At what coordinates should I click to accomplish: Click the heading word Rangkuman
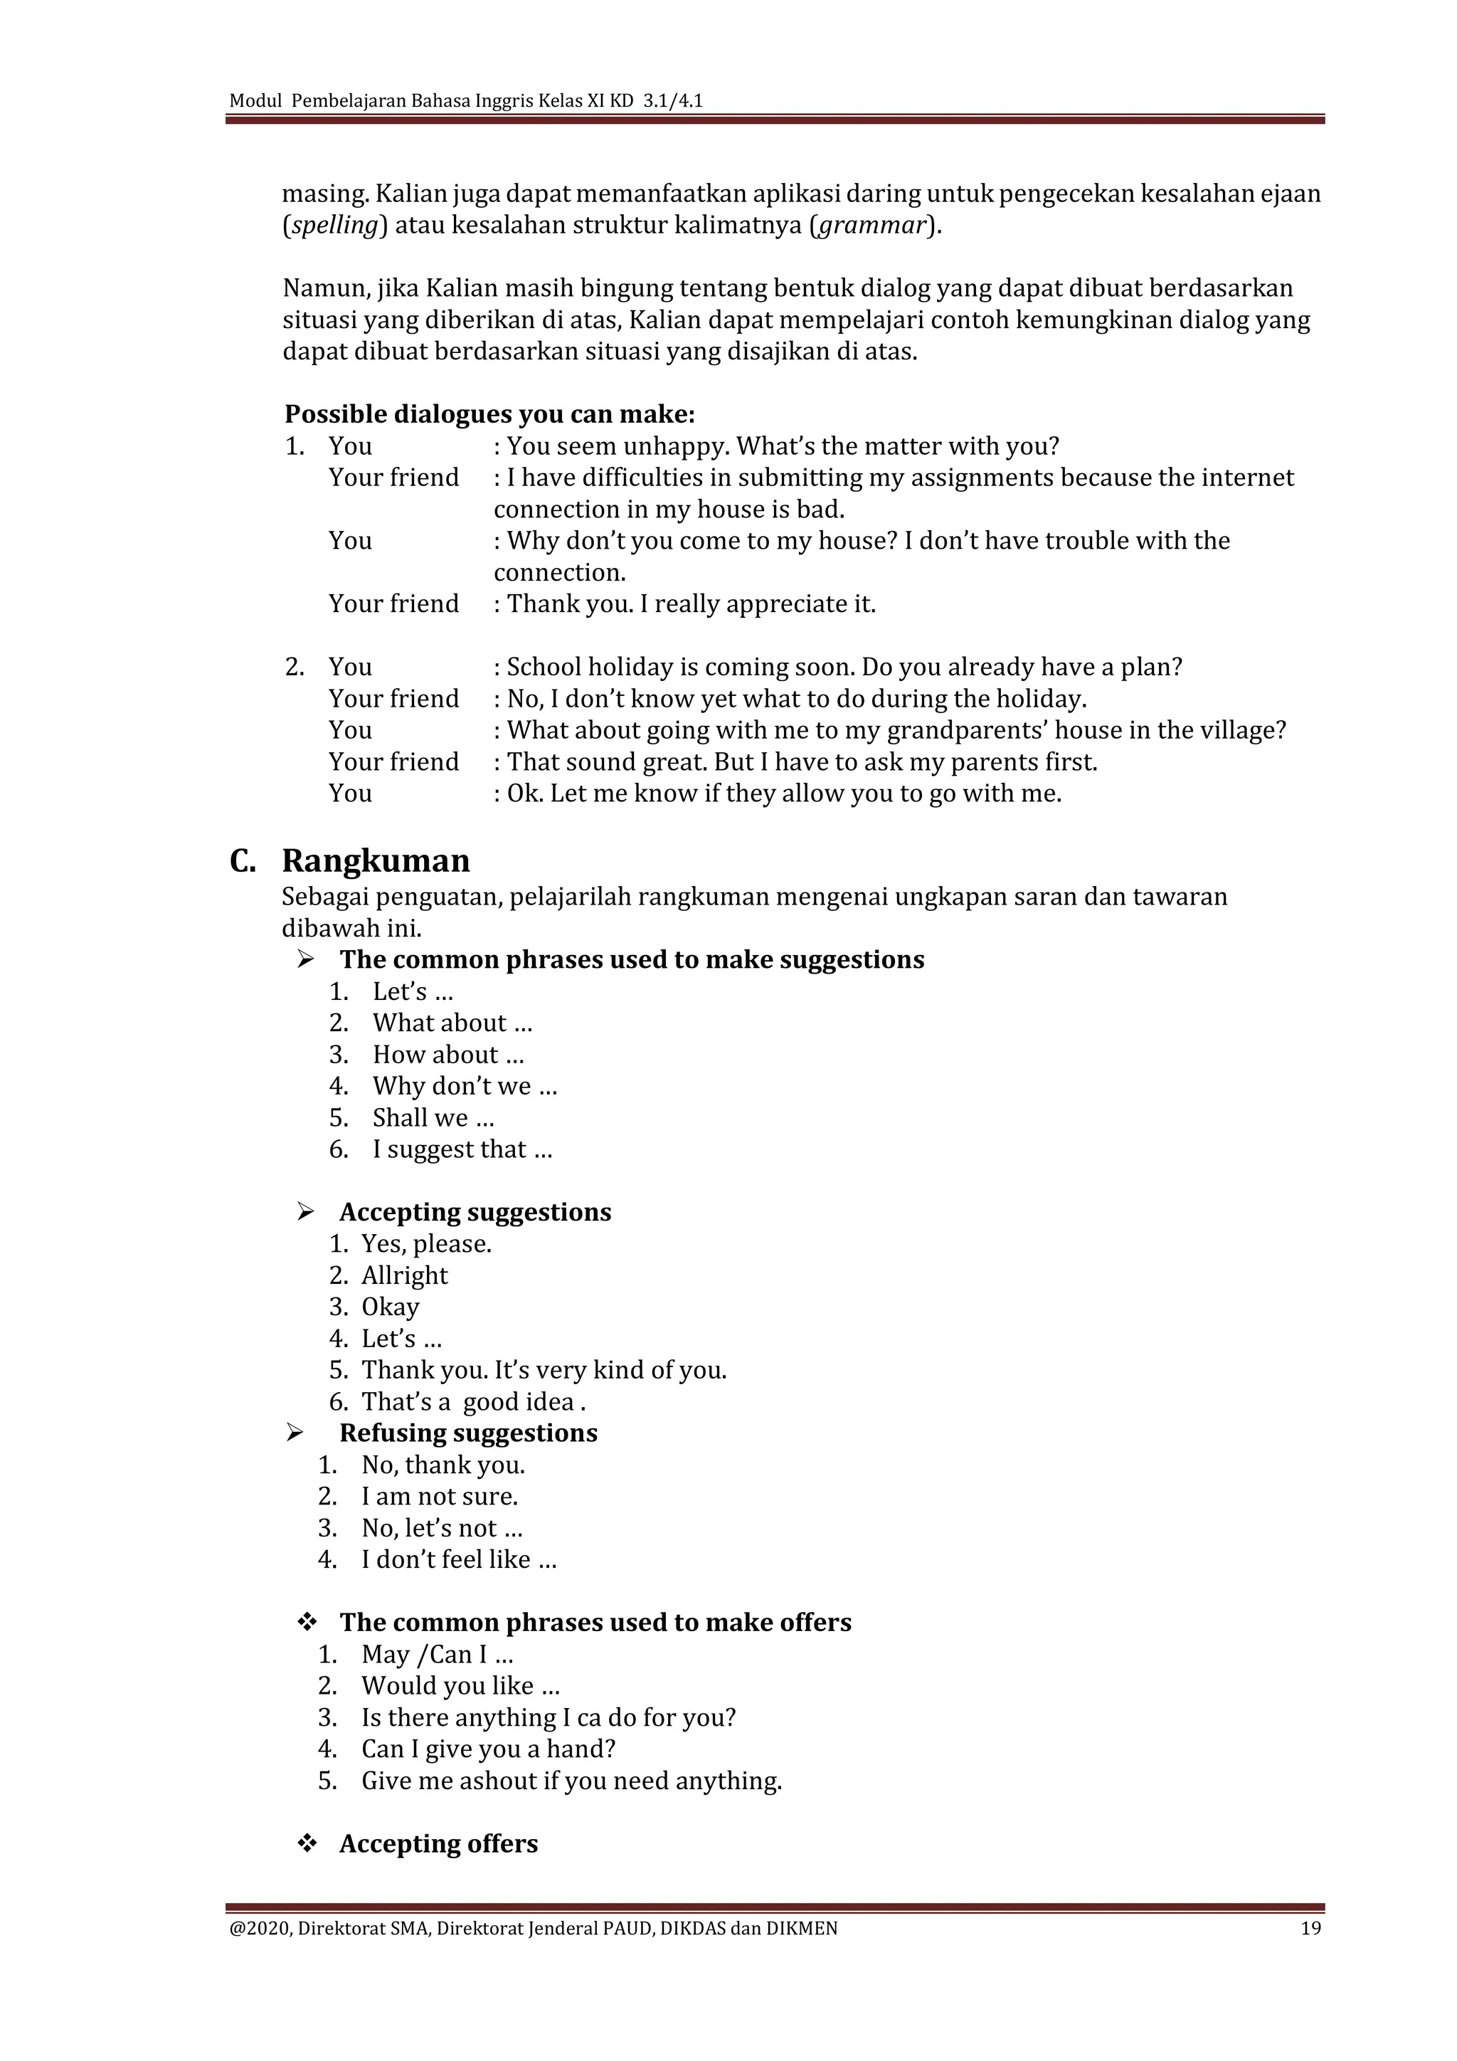coord(375,861)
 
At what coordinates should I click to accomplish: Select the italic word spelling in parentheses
coord(334,226)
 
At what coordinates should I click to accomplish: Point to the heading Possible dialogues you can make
coord(490,415)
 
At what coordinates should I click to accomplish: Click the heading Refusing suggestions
coord(467,1433)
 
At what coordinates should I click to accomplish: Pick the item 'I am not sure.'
coord(440,1497)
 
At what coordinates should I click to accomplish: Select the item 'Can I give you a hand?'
coord(488,1749)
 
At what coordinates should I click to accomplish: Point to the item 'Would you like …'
coord(460,1686)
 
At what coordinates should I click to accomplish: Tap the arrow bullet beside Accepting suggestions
coord(306,1213)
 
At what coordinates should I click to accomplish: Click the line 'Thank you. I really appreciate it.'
coord(691,604)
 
